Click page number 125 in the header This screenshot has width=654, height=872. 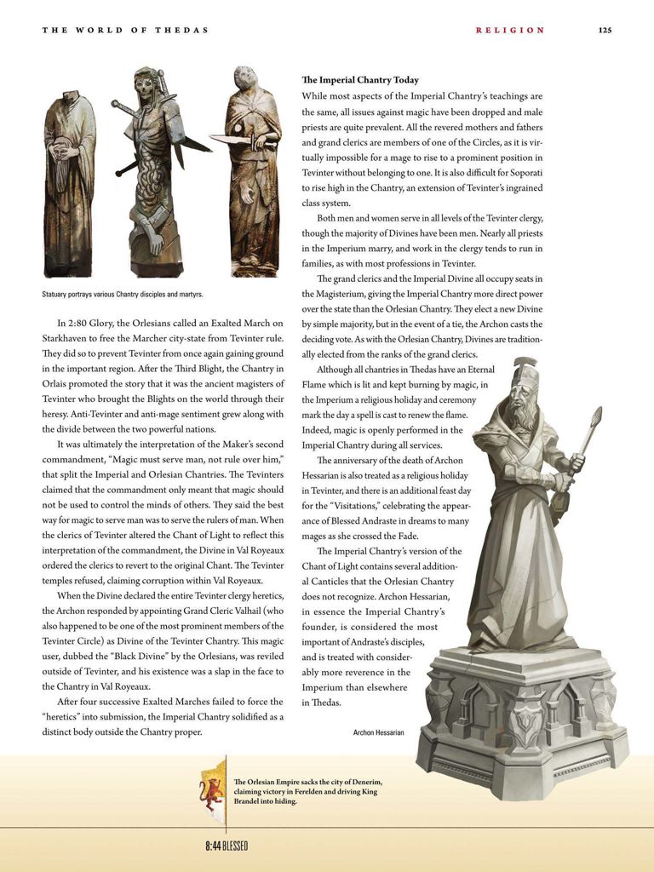605,30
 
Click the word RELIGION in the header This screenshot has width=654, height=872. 510,30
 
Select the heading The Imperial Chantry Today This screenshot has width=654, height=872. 360,80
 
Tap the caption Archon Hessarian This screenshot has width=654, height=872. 378,731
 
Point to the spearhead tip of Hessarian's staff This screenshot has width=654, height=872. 595,418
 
